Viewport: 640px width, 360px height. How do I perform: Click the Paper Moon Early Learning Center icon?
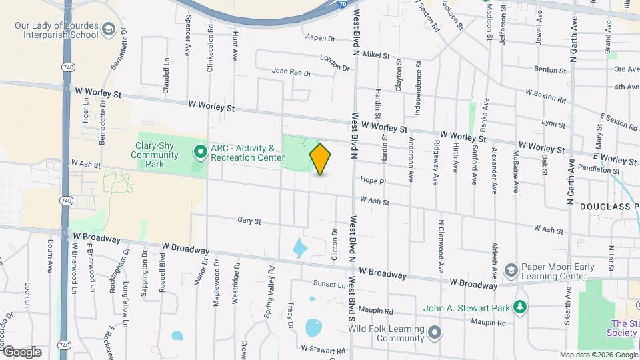[511, 271]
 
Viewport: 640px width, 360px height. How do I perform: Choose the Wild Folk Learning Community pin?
[435, 331]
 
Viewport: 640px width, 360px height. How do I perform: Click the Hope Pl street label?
[373, 181]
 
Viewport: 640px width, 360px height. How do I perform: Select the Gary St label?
[249, 221]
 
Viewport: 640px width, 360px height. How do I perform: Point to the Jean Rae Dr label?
[291, 72]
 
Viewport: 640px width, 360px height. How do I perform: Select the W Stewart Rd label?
[323, 349]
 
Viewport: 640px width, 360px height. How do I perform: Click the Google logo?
[22, 351]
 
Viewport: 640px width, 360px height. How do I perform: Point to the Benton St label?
[549, 69]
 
